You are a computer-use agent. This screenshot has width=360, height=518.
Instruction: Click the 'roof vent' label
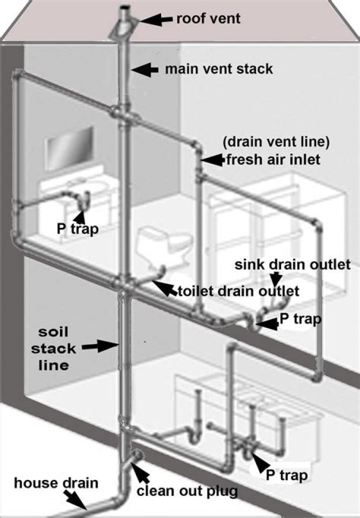click(208, 19)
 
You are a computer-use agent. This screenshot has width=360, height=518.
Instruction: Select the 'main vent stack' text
click(219, 68)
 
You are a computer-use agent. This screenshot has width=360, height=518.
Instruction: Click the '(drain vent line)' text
click(276, 142)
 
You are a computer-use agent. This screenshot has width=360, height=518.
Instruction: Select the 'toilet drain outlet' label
click(238, 290)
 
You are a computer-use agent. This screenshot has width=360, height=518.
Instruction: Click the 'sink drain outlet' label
click(292, 264)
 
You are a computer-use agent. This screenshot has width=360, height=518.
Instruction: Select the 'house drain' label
click(56, 483)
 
